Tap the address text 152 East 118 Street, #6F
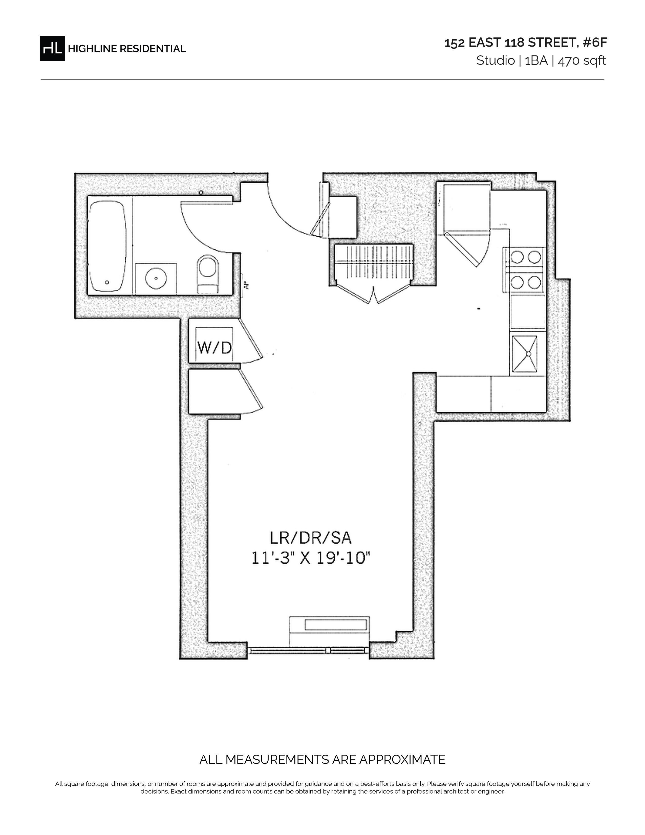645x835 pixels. click(525, 43)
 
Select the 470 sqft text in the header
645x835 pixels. click(582, 60)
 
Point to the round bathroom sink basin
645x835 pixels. click(156, 278)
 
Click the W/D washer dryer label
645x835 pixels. click(214, 347)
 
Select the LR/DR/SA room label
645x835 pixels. click(310, 538)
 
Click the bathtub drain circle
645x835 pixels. click(107, 283)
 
